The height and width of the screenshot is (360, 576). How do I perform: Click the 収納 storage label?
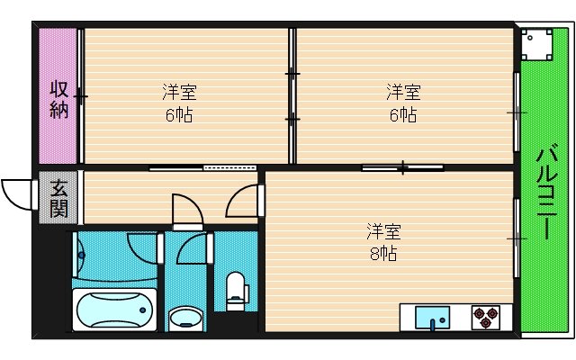pyautogui.click(x=59, y=99)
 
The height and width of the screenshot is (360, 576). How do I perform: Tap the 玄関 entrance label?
pyautogui.click(x=58, y=199)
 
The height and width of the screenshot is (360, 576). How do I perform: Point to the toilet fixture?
pyautogui.click(x=237, y=291)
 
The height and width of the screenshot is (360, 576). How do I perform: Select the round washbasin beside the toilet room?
pyautogui.click(x=186, y=318)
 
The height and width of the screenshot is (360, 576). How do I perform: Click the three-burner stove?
pyautogui.click(x=487, y=318)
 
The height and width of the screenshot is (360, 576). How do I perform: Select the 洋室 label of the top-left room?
pyautogui.click(x=180, y=92)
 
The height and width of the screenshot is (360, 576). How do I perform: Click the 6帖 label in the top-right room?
pyautogui.click(x=402, y=115)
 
